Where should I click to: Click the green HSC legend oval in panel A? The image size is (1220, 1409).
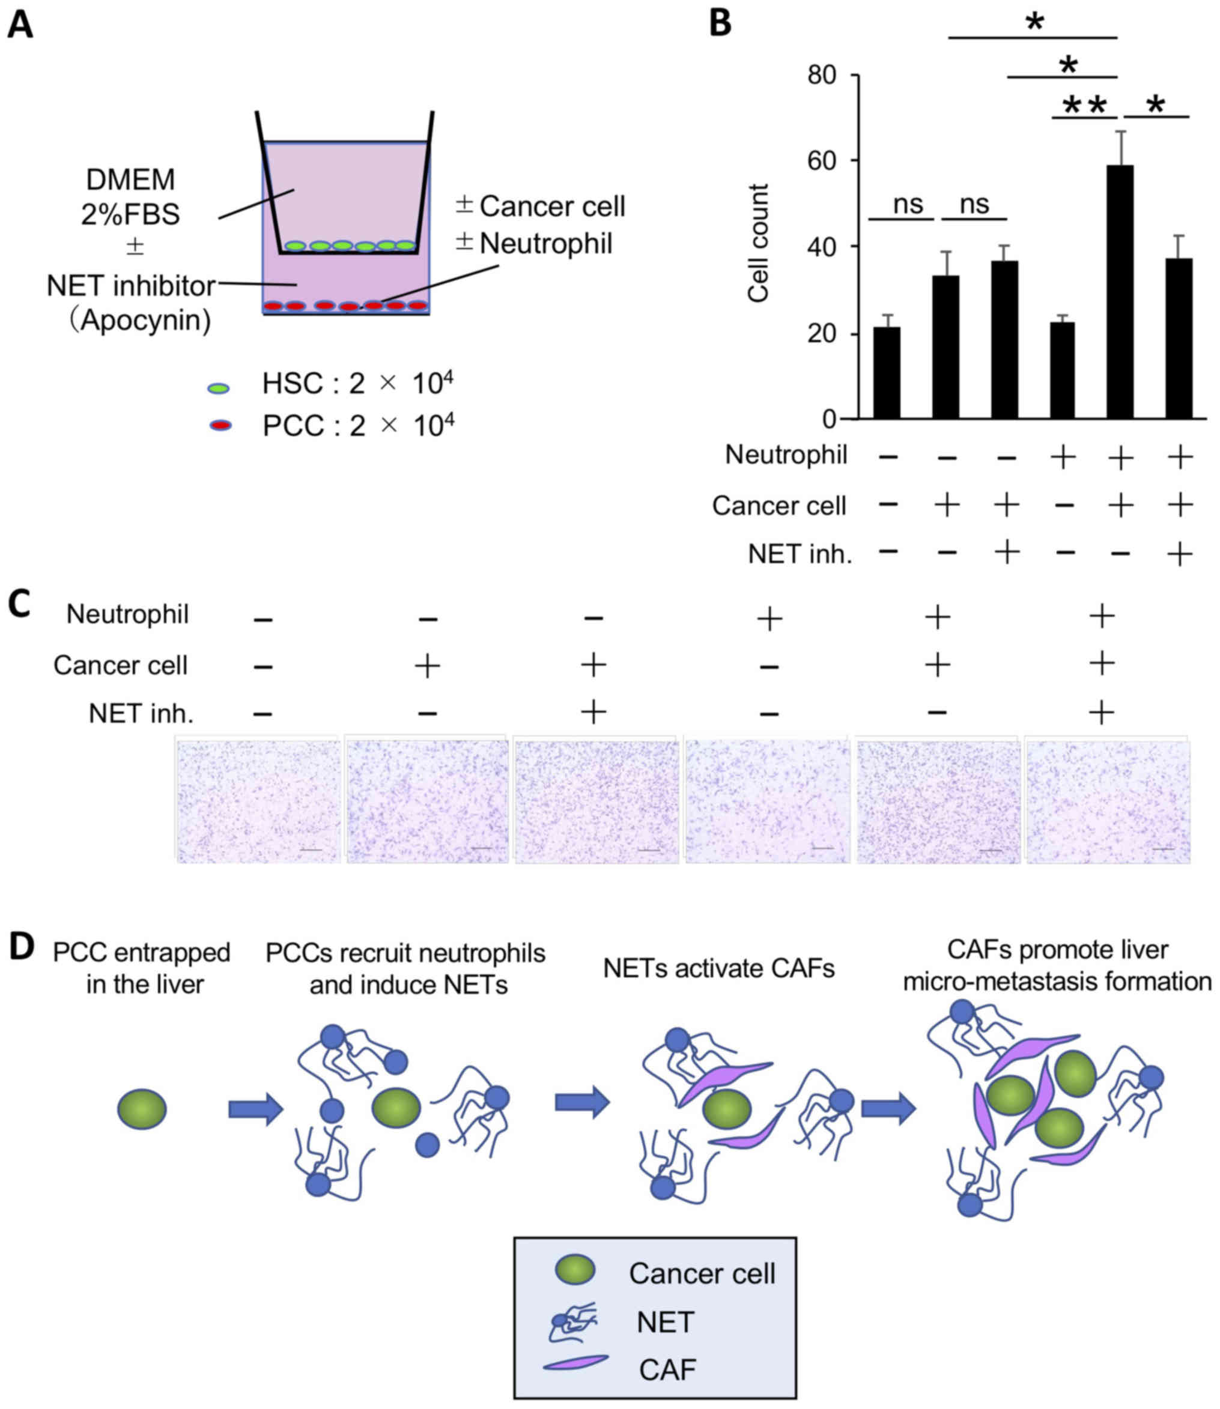(x=219, y=388)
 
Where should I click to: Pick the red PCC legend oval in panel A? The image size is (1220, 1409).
(x=220, y=426)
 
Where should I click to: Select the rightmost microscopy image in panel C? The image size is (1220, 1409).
(x=1108, y=801)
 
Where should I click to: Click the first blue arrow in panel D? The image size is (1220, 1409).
(x=255, y=1109)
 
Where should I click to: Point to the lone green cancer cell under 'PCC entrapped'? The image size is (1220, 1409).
(x=142, y=1109)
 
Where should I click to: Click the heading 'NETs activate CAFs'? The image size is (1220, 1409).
(x=718, y=968)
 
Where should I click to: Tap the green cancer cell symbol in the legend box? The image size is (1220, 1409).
(x=575, y=1270)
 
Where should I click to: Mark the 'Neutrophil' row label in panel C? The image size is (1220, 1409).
(x=127, y=614)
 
